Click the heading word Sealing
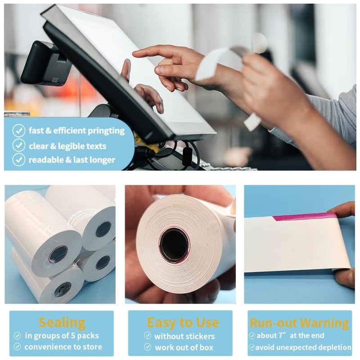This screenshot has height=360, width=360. point(62,322)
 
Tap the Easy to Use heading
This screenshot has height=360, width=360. point(183,322)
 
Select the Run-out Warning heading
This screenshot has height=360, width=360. point(299,323)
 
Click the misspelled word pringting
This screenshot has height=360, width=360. point(104,131)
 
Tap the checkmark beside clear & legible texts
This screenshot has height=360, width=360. point(18,145)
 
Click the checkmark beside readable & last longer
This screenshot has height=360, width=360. point(18,160)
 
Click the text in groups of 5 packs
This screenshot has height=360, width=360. point(62,336)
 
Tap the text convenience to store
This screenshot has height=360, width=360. point(63,347)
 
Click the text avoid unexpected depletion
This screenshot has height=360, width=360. point(304,347)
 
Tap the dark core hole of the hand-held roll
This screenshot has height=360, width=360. point(174,245)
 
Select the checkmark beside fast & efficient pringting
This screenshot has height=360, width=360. point(18,131)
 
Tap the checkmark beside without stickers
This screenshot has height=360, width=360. point(148,336)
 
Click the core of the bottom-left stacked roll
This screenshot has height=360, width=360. point(63,289)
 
